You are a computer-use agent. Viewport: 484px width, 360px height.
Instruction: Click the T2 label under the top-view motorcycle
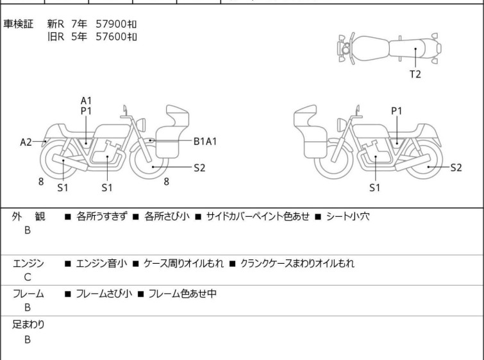(415, 74)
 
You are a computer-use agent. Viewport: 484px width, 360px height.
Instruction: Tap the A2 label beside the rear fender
(26, 142)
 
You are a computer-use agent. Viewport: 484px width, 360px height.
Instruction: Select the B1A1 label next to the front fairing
(205, 142)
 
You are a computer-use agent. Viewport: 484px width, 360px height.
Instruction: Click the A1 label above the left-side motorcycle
(86, 101)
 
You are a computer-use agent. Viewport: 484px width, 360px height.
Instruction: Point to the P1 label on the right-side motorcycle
(397, 110)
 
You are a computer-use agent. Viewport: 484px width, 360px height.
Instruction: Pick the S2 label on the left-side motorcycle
(199, 167)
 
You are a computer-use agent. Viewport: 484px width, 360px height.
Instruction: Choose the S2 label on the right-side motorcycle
(456, 167)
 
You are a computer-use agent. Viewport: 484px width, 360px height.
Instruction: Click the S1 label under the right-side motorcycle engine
(375, 187)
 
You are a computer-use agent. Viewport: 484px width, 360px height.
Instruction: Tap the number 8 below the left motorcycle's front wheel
(167, 182)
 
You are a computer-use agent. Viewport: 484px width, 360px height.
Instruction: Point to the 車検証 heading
(18, 24)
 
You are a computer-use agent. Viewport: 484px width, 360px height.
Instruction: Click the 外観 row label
(28, 217)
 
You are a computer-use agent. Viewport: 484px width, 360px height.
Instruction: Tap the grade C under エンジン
(28, 277)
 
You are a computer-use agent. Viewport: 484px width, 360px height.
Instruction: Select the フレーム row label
(28, 293)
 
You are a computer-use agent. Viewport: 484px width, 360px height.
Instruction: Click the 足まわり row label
(28, 325)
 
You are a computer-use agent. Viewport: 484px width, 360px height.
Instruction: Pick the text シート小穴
(347, 216)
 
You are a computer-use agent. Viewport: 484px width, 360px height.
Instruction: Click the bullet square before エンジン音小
(68, 264)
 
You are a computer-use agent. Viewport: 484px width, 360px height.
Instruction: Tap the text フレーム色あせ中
(183, 293)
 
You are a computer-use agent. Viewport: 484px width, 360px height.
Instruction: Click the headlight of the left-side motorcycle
(141, 124)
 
